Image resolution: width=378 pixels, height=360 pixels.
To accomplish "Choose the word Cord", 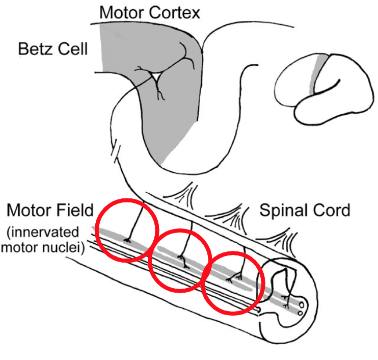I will [333, 210].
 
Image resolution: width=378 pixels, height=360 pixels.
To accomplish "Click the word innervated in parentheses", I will [46, 233].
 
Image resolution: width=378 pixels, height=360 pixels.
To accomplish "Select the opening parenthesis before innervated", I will [9, 233].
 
